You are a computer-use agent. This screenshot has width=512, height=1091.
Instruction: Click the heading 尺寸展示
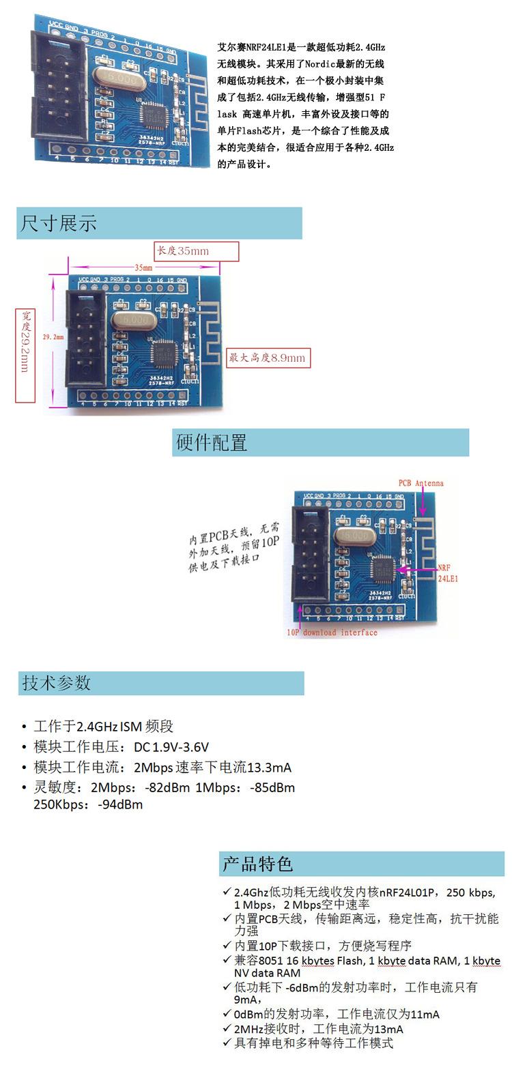pyautogui.click(x=59, y=223)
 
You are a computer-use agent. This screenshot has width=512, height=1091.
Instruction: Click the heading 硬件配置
pyautogui.click(x=212, y=443)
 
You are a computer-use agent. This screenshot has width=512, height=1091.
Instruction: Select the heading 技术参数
pyautogui.click(x=57, y=683)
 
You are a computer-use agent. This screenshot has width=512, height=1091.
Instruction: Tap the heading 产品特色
pyautogui.click(x=257, y=864)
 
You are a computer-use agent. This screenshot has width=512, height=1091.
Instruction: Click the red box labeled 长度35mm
pyautogui.click(x=196, y=251)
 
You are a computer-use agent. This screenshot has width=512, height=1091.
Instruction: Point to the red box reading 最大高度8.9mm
pyautogui.click(x=268, y=358)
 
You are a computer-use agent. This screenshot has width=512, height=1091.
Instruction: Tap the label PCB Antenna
pyautogui.click(x=421, y=483)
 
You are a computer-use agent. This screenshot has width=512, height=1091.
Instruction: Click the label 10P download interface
pyautogui.click(x=332, y=632)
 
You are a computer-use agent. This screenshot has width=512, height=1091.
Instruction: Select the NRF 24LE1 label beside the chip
pyautogui.click(x=448, y=573)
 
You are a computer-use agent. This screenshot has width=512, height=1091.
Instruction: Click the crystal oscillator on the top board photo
pyautogui.click(x=122, y=78)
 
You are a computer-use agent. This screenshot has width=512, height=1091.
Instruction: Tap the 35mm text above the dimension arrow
pyautogui.click(x=143, y=267)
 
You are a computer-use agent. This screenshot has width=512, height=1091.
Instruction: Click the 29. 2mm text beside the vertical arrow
pyautogui.click(x=53, y=337)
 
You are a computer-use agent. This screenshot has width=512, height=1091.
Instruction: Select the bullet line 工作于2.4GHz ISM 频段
pyautogui.click(x=104, y=726)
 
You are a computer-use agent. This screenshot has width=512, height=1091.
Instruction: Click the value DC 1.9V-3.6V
pyautogui.click(x=171, y=747)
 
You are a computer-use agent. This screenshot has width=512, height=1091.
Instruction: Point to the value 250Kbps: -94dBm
pyautogui.click(x=88, y=804)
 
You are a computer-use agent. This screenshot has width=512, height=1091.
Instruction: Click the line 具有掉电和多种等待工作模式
pyautogui.click(x=313, y=1043)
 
